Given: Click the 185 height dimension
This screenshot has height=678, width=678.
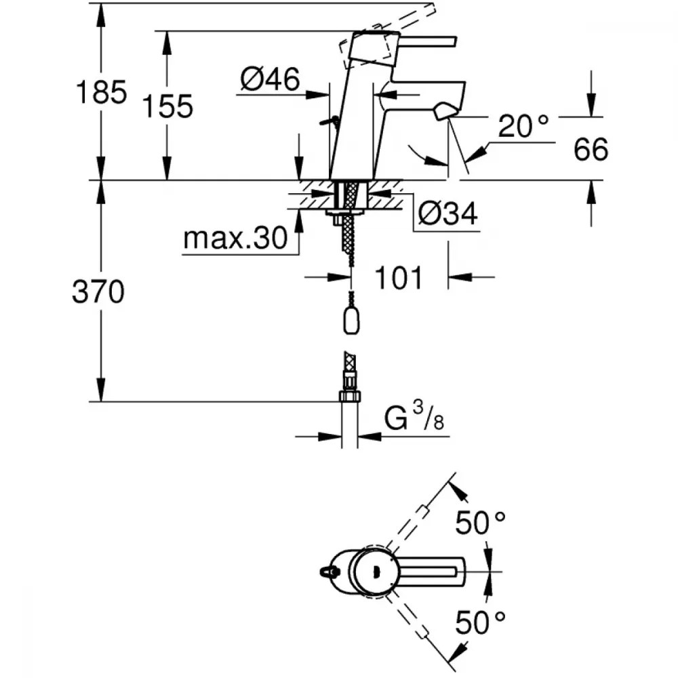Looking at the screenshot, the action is point(101,92).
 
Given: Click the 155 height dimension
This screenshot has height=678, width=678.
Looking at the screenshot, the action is point(167,106).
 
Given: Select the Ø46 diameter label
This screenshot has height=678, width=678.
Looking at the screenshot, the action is point(270,79).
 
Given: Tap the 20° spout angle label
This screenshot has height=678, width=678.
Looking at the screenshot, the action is point(523,125).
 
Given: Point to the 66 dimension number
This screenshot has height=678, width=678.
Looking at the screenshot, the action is point(591,149).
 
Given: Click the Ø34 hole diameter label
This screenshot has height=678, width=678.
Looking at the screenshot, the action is point(448,213).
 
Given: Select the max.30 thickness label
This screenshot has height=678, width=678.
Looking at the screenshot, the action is point(235,237).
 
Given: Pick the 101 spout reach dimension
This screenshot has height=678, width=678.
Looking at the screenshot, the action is point(398,277).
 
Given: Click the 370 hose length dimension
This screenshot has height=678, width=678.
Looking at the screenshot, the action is point(98,292).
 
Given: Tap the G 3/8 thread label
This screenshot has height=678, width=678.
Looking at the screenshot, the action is point(414,416).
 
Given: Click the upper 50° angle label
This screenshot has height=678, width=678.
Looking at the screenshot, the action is point(480,522).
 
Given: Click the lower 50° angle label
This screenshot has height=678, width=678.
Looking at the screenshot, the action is point(480,622).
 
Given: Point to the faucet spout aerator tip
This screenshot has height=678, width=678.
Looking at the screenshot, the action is point(444,112).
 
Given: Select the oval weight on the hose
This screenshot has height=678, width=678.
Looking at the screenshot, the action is point(351,321).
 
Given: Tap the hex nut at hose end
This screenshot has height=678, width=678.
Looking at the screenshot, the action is point(350,396).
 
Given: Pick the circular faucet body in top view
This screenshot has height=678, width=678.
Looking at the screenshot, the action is point(374,572).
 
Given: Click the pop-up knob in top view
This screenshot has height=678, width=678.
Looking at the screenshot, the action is point(327,572).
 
